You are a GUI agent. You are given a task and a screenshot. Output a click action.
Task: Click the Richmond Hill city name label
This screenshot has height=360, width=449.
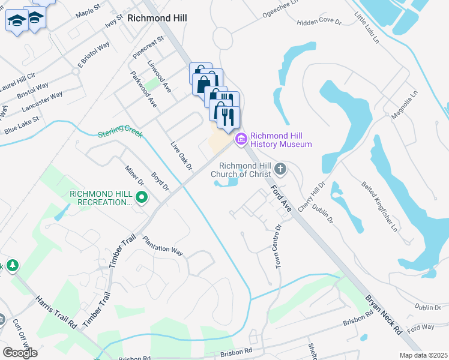click(157, 18)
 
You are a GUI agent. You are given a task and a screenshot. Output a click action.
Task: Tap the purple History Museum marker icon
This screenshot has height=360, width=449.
click(241, 139)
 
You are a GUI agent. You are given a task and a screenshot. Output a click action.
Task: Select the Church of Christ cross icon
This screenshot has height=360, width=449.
click(281, 170)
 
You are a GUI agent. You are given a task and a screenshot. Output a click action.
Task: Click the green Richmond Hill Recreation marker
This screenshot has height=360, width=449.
click(142, 197)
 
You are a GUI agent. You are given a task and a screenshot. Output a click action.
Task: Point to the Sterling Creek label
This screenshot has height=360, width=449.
click(120, 133)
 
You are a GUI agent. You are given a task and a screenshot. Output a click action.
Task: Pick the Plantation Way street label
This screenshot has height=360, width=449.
click(163, 246)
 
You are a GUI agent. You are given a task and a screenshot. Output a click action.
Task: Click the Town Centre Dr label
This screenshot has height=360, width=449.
click(278, 247)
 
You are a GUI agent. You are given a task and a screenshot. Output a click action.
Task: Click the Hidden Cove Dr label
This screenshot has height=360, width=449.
click(319, 22)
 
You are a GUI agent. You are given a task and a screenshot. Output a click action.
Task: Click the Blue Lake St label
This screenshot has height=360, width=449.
click(22, 125)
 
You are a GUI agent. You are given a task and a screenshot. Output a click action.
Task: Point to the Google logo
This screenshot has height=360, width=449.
click(20, 352)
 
